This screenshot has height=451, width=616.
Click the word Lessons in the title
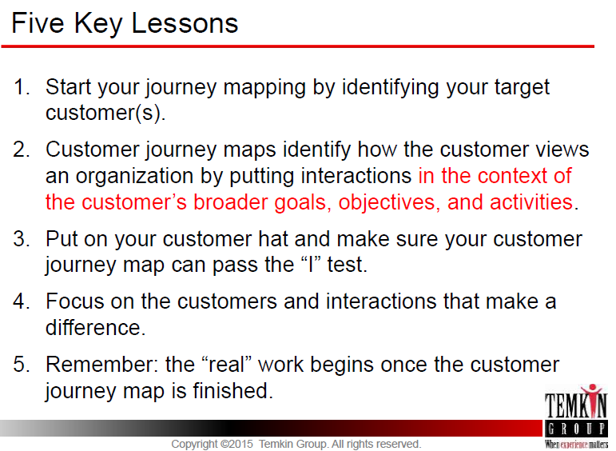(x=185, y=23)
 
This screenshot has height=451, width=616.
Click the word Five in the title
(x=38, y=23)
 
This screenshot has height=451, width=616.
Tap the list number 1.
(x=22, y=87)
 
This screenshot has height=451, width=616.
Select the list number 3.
(x=22, y=238)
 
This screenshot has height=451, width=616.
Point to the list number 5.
(x=22, y=364)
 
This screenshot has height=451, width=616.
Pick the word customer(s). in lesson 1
(x=105, y=113)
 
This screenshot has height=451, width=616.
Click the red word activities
(x=531, y=202)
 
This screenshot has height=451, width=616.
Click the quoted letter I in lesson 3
(x=311, y=263)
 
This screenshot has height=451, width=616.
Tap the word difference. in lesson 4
(x=95, y=327)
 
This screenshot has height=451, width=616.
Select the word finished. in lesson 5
(x=232, y=390)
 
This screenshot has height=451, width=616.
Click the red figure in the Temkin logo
(x=592, y=398)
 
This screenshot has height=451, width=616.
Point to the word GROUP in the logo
(x=576, y=429)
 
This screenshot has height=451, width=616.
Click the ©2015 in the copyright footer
(x=236, y=444)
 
